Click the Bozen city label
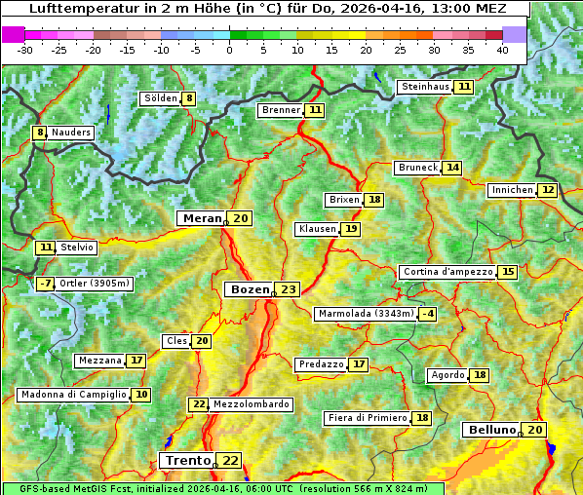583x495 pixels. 248,289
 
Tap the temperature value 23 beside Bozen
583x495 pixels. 288,289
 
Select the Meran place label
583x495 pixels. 202,218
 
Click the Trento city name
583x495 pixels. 187,460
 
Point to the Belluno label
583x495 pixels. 490,430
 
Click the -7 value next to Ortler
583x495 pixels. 45,284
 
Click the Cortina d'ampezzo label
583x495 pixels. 447,272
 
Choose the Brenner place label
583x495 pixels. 281,110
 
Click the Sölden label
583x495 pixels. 160,98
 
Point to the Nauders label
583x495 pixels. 71,133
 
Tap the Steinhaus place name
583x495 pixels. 425,87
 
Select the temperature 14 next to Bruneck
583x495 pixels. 452,168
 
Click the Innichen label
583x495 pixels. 512,190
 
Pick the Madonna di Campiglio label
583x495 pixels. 73,395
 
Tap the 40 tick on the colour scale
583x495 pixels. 502,50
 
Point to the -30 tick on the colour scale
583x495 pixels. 25,50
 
